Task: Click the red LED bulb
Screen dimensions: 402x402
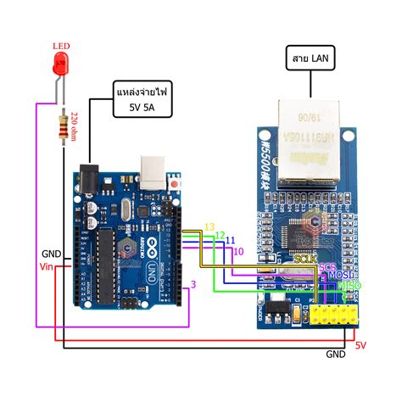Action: pos(61,64)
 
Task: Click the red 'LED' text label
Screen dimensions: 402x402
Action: pos(61,46)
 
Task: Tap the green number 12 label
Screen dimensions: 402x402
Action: pos(220,235)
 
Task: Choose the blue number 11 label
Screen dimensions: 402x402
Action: pos(229,242)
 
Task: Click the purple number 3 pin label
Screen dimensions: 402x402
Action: pos(193,285)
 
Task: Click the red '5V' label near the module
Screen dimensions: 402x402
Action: pos(361,345)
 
